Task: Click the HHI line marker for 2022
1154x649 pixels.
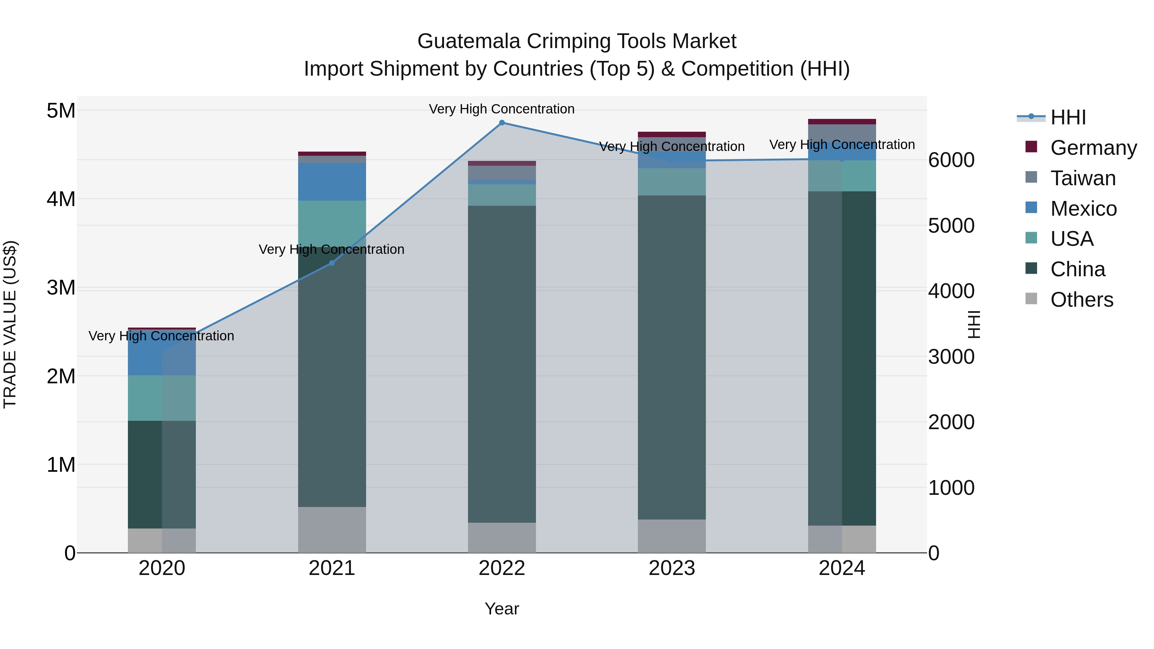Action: point(502,123)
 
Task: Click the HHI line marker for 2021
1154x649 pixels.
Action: point(332,263)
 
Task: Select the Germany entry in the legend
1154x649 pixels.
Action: point(1093,148)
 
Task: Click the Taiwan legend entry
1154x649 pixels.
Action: point(1082,178)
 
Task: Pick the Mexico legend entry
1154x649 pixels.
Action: point(1083,209)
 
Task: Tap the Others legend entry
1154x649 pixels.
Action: point(1082,300)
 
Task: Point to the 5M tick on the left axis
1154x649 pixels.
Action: point(61,111)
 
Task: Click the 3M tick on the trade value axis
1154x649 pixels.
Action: point(61,287)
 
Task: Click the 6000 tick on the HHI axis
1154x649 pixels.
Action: point(951,160)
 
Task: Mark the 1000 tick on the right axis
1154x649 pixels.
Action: point(951,488)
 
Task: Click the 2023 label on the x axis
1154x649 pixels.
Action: point(672,568)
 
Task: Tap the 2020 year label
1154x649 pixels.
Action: point(162,568)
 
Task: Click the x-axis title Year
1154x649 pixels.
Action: point(502,609)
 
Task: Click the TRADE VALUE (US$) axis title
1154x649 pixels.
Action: point(10,324)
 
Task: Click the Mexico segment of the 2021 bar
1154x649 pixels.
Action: point(332,181)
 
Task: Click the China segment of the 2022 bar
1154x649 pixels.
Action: point(502,364)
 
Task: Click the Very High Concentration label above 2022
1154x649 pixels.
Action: point(502,109)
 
